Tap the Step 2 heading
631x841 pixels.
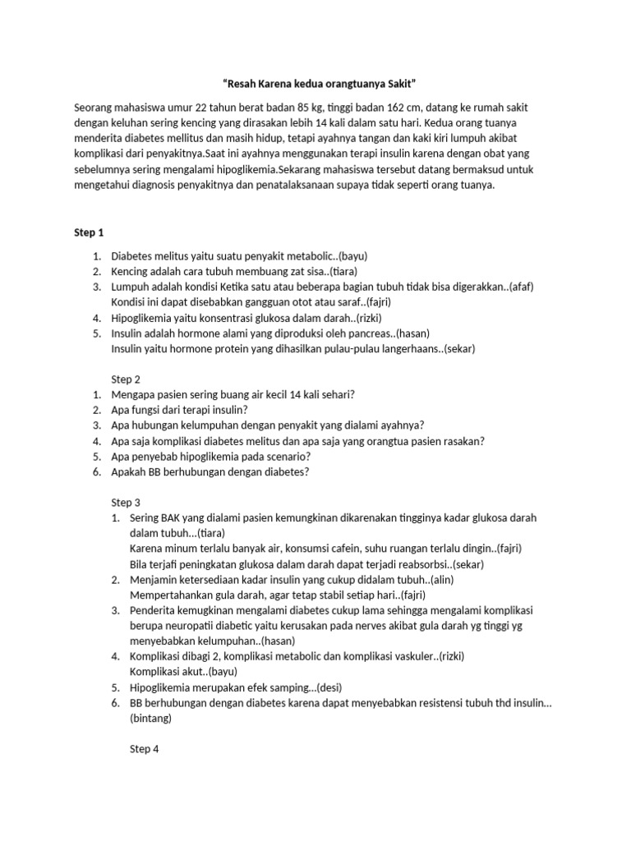click(x=126, y=379)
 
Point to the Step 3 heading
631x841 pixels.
click(x=126, y=502)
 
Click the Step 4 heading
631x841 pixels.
click(x=145, y=749)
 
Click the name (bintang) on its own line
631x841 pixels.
click(x=150, y=718)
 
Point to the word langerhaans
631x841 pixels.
click(x=402, y=348)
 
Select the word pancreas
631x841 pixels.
click(x=366, y=333)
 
